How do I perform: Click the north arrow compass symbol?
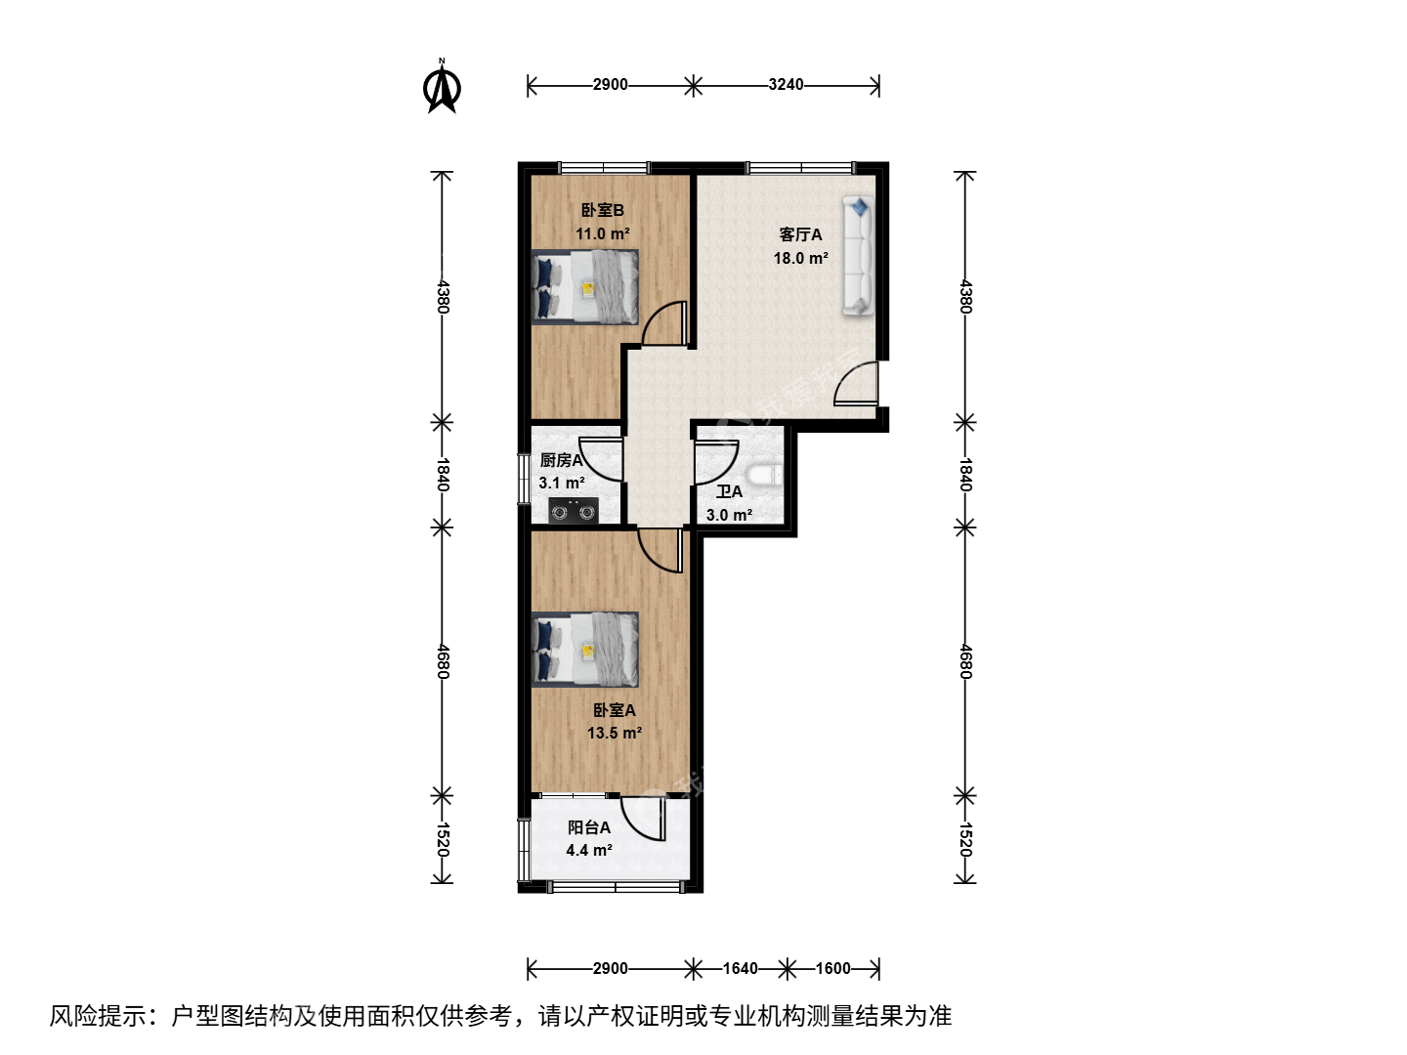click(x=442, y=87)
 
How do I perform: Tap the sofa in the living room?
click(x=858, y=256)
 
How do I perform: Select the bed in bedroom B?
click(x=585, y=287)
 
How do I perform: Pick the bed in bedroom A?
click(x=585, y=650)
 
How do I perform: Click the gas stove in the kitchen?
click(x=573, y=511)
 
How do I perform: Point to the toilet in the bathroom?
click(x=765, y=476)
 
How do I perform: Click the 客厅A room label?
click(x=800, y=234)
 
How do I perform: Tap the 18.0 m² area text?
click(x=800, y=258)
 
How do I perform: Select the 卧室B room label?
click(x=603, y=210)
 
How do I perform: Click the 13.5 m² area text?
click(x=615, y=733)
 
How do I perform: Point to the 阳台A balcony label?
click(x=589, y=827)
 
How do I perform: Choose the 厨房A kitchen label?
click(x=562, y=460)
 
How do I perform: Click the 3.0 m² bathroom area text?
click(x=730, y=515)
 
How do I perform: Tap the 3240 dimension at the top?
click(x=786, y=85)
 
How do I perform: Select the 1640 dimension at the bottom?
click(x=741, y=968)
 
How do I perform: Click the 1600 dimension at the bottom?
click(x=833, y=968)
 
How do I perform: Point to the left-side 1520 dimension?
click(x=442, y=840)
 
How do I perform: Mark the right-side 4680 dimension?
click(x=965, y=661)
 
